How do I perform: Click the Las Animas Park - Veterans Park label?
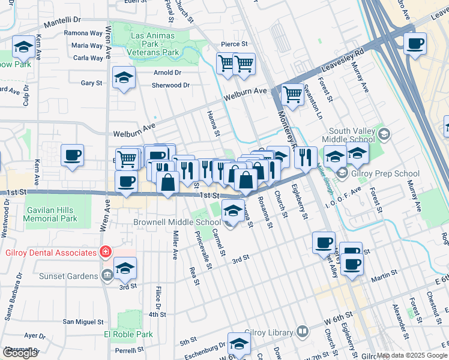(154, 44)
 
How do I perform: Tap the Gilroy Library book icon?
(303, 331)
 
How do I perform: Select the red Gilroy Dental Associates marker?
(106, 251)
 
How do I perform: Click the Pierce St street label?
(234, 44)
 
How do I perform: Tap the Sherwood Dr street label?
(170, 85)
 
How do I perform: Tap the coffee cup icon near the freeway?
(414, 43)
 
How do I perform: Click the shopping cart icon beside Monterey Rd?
(292, 94)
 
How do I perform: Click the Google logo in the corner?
(20, 353)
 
